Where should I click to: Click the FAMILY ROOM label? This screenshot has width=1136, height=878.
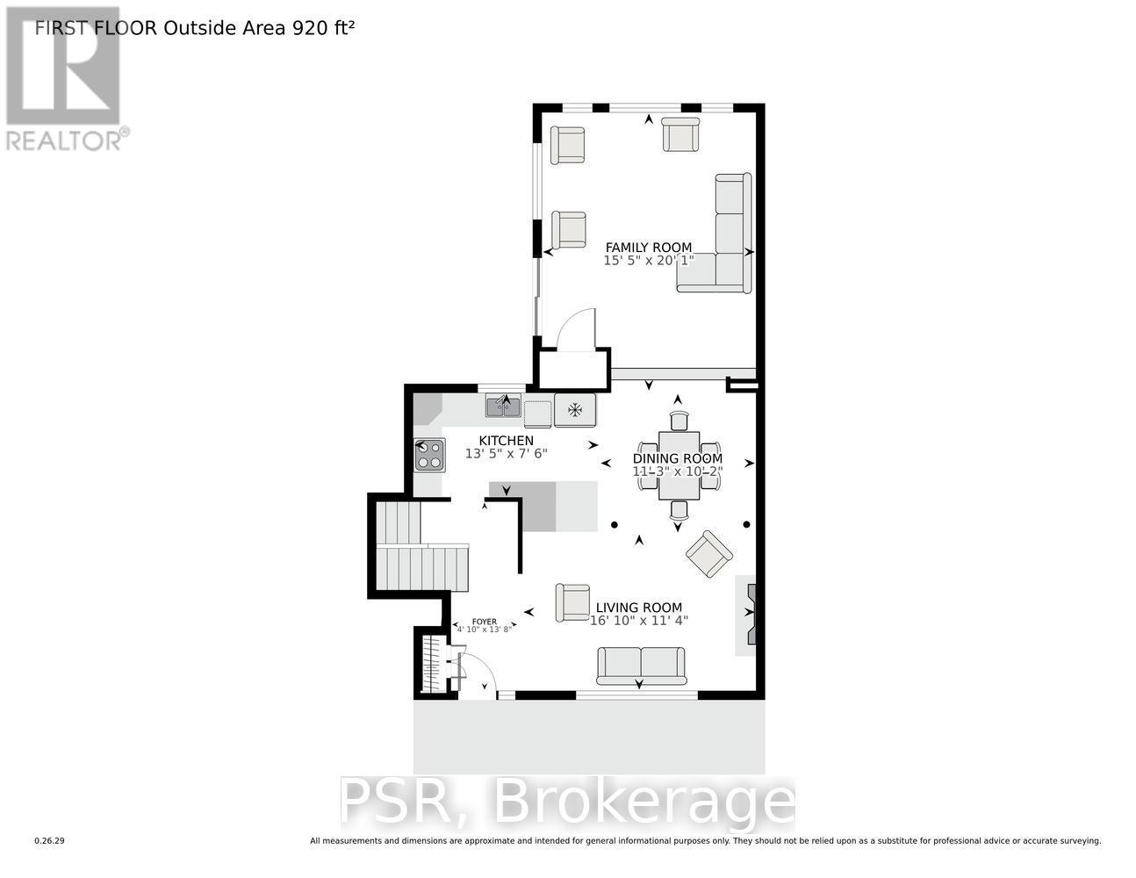[x=648, y=248]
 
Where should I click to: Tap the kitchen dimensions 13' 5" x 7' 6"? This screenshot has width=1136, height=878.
[x=506, y=454]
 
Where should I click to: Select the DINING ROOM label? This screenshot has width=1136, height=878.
[x=678, y=458]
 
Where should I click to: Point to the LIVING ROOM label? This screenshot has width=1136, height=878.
[x=638, y=608]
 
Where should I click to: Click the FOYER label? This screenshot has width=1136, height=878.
[x=484, y=622]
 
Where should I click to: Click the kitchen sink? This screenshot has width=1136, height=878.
[x=504, y=406]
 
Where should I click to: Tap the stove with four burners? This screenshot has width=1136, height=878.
[x=429, y=455]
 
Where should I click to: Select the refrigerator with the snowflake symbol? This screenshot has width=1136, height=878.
[x=575, y=409]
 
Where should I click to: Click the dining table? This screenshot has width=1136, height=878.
[x=679, y=465]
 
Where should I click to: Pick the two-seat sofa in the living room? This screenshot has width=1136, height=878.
[x=641, y=666]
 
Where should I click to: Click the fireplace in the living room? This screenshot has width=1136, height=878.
[x=746, y=615]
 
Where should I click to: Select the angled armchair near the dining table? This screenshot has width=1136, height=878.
[x=709, y=553]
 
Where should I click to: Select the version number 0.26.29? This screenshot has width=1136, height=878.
[x=50, y=841]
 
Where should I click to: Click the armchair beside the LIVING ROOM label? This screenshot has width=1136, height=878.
[x=572, y=602]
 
